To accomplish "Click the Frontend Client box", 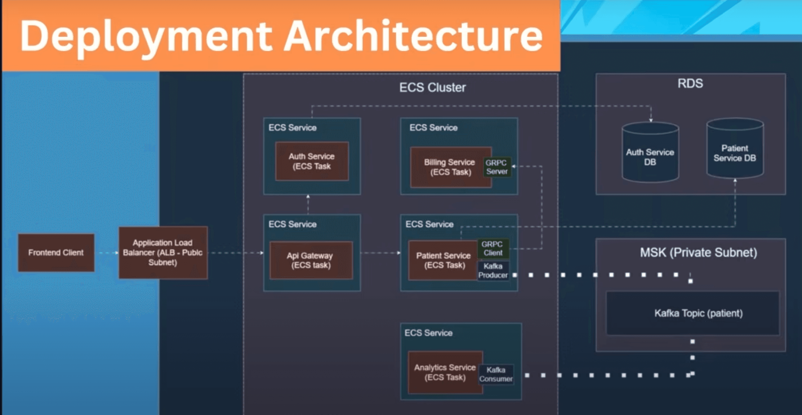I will click(56, 252).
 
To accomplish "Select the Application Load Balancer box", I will click(163, 252).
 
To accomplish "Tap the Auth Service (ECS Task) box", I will click(312, 161).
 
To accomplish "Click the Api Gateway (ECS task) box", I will click(311, 260).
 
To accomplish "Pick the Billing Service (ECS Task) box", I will click(448, 167).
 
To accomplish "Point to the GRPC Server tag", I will click(497, 167).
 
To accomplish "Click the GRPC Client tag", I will click(493, 248).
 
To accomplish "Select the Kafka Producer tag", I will click(493, 271).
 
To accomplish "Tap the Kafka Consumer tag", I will click(496, 374).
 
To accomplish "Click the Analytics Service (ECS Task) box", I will click(445, 372).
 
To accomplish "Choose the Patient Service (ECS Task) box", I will click(443, 260).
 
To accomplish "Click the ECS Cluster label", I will click(432, 88).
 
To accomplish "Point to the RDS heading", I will click(690, 83).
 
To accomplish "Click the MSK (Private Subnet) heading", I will click(698, 252).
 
